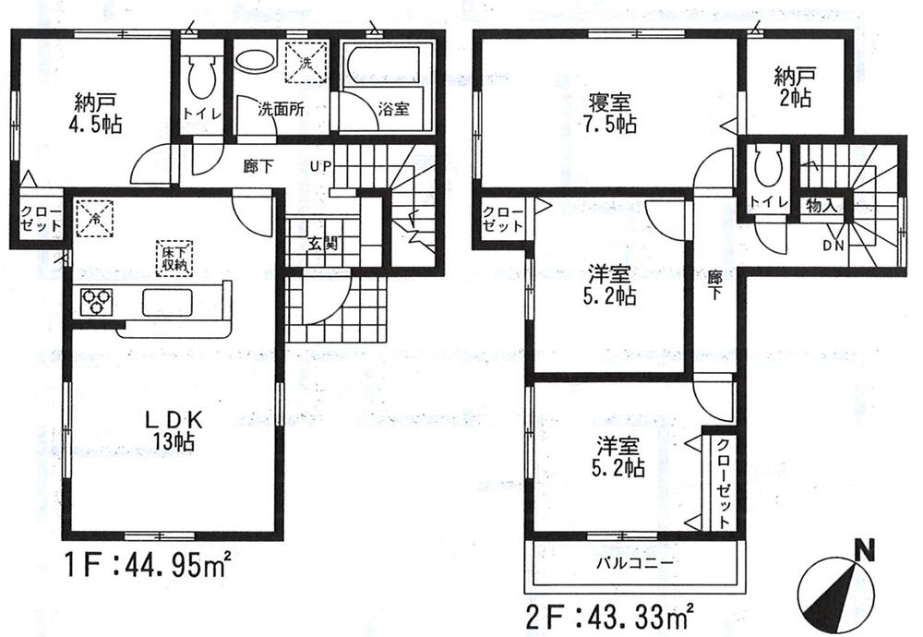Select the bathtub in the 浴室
[382, 67]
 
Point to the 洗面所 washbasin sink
[252, 61]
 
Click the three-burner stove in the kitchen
[96, 301]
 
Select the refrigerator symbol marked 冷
[94, 218]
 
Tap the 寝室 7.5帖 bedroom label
[608, 112]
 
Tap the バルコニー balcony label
[633, 561]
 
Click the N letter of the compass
[865, 552]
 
